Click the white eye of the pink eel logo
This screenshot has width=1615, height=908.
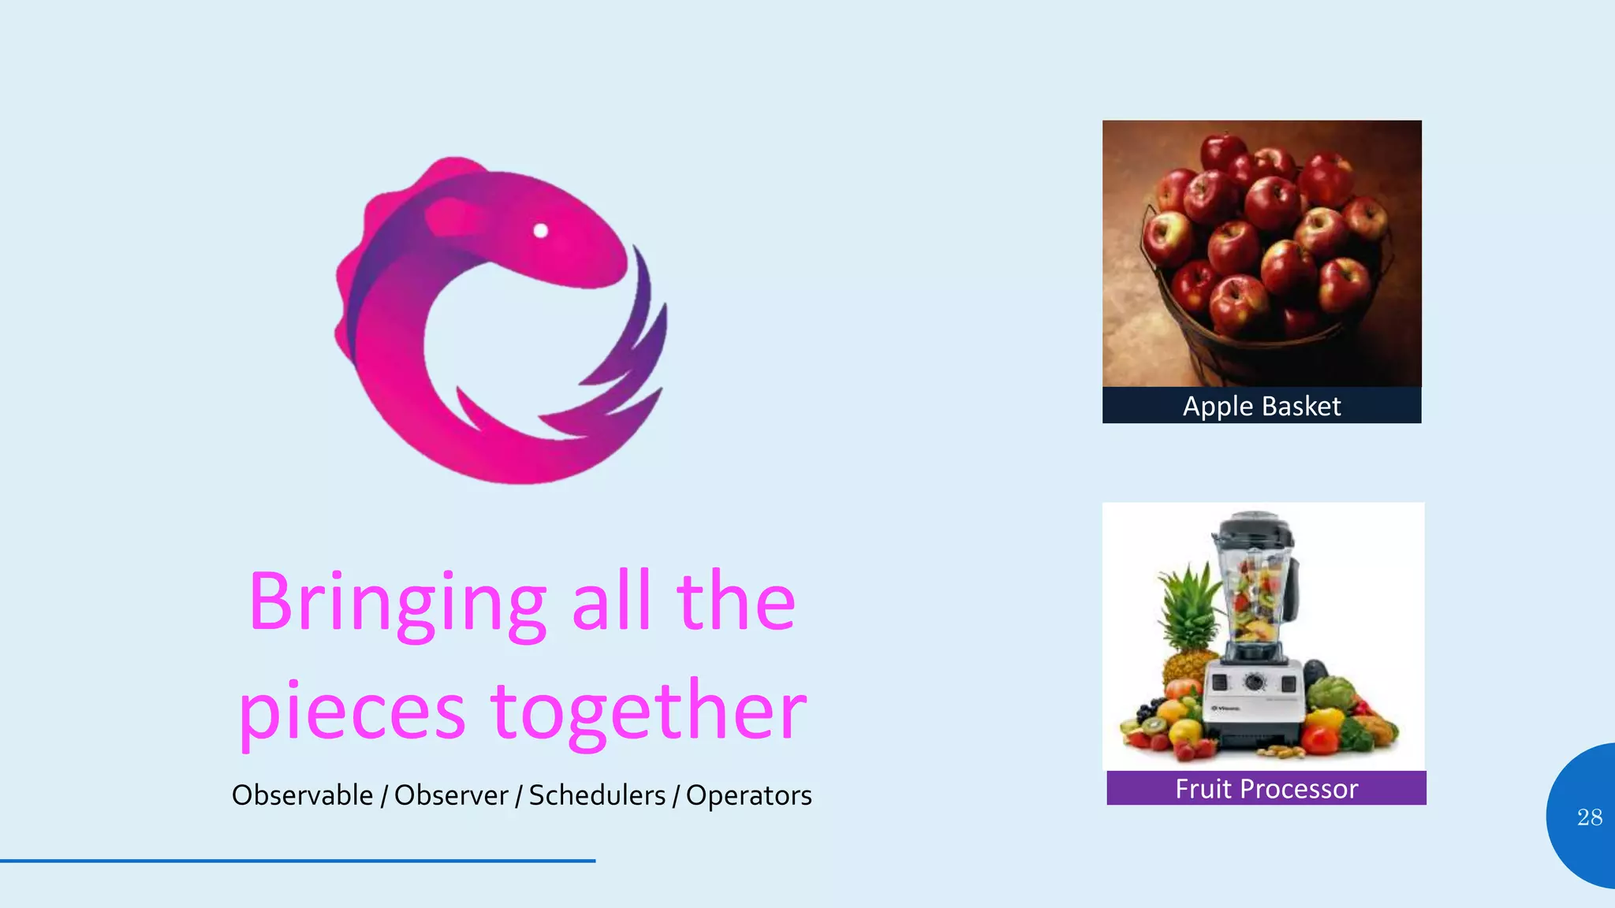[x=541, y=230]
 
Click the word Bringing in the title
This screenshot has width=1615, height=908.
[x=397, y=603]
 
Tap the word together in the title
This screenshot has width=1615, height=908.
[x=648, y=712]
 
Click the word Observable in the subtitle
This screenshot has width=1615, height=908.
[x=302, y=795]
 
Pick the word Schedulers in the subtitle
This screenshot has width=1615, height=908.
[x=597, y=795]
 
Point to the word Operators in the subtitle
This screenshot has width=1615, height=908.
[x=748, y=795]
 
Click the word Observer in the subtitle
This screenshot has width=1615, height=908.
[x=451, y=795]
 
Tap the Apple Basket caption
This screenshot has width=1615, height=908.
[x=1262, y=406]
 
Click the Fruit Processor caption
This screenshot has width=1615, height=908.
[x=1266, y=788]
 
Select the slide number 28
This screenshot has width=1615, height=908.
[x=1590, y=817]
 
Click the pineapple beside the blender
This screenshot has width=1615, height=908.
[x=1187, y=623]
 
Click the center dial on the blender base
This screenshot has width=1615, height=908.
[x=1254, y=682]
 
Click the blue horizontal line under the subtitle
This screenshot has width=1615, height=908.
[x=297, y=861]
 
